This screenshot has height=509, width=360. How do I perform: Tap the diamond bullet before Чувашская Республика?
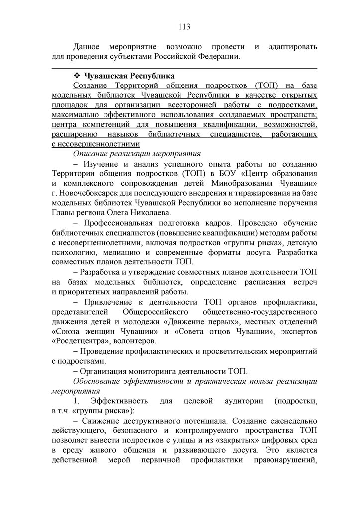77,76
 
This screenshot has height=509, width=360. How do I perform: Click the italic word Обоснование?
101,381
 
